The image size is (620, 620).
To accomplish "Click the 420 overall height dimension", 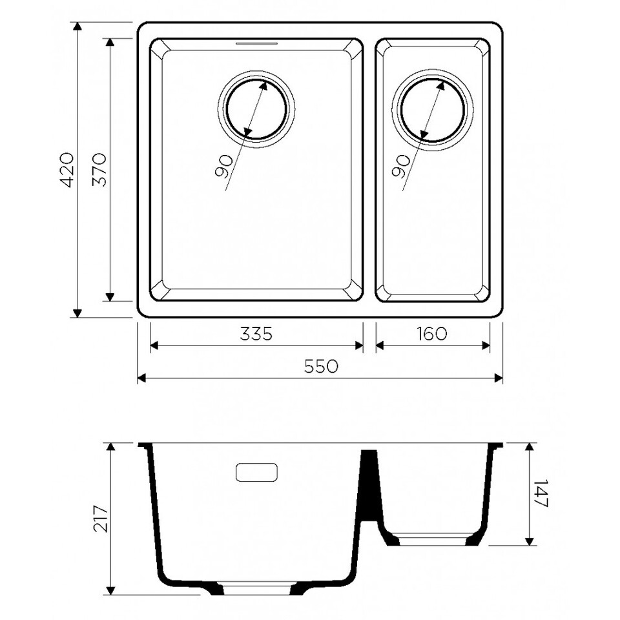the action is click(67, 169).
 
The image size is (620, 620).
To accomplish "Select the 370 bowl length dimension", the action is click(99, 169).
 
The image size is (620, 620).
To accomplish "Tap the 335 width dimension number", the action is click(256, 334).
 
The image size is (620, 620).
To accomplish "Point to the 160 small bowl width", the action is click(432, 334).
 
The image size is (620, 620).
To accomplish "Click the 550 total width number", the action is click(321, 366).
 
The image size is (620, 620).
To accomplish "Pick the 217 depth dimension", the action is click(101, 518).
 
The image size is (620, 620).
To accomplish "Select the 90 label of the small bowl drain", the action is click(400, 166).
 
